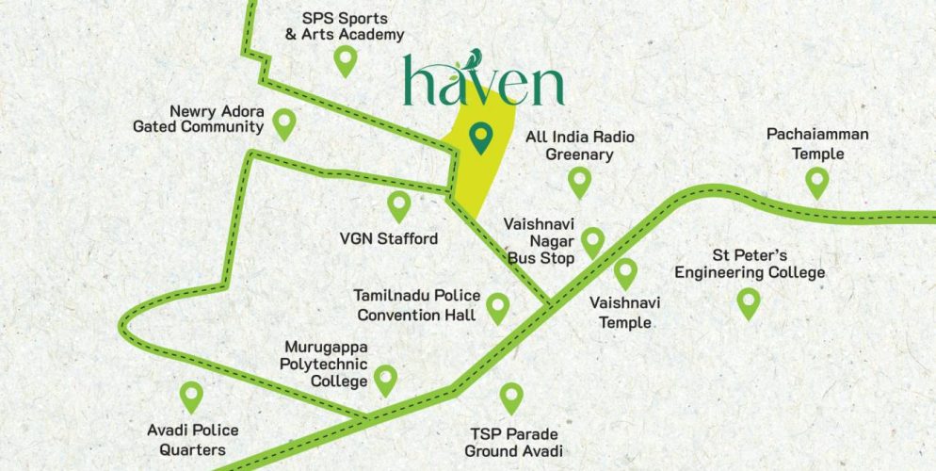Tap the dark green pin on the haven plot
click(482, 138)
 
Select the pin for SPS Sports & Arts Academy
click(346, 61)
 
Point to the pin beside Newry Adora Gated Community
click(283, 122)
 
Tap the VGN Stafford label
click(389, 239)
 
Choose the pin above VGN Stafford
click(399, 204)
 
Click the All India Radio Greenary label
click(579, 145)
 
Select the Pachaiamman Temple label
click(816, 144)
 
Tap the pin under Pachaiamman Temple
click(816, 180)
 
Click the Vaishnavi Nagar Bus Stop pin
click(592, 241)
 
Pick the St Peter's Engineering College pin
click(749, 302)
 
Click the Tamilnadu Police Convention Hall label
click(416, 305)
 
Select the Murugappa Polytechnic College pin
click(385, 380)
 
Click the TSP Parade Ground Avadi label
click(514, 443)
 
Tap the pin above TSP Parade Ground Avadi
click(511, 397)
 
